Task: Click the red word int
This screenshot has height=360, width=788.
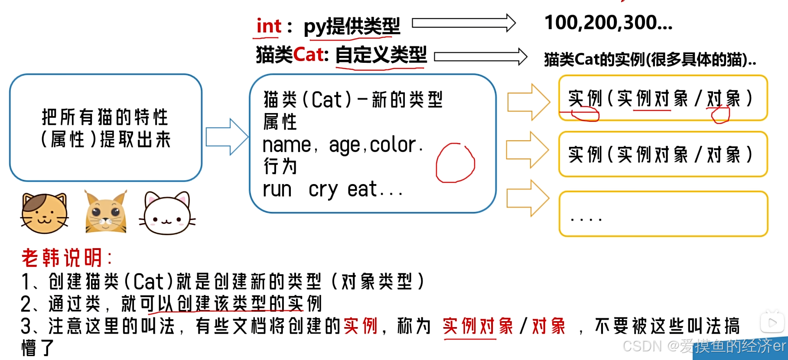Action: click(x=269, y=26)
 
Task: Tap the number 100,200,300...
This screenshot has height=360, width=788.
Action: click(x=608, y=23)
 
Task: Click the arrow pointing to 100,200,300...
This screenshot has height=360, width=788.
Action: click(x=463, y=23)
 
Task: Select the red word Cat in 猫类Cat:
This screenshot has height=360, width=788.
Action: click(x=308, y=55)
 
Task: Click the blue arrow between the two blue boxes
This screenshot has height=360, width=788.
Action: click(x=226, y=137)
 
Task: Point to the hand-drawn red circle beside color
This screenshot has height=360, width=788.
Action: click(x=455, y=163)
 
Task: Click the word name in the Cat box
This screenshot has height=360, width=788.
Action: click(x=287, y=145)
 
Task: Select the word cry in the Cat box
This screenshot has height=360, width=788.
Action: click(x=323, y=190)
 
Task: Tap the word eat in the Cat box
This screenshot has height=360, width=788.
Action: click(x=362, y=190)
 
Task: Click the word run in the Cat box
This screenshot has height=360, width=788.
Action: click(x=277, y=190)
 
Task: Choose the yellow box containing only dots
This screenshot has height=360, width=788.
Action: click(x=663, y=214)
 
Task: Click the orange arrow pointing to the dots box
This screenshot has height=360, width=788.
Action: click(x=527, y=198)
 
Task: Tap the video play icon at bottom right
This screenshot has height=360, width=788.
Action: click(x=772, y=322)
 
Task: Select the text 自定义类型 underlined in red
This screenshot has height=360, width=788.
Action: click(x=381, y=55)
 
